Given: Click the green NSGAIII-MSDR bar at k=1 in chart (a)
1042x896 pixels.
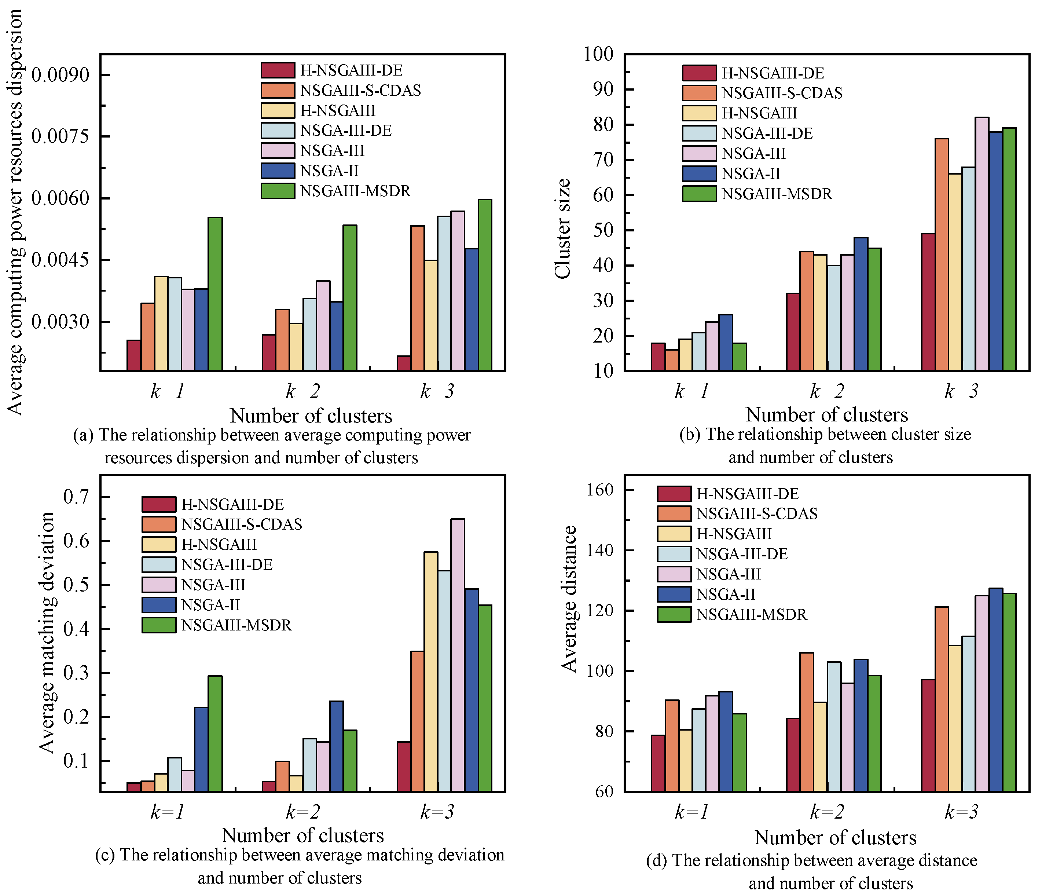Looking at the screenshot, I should tap(215, 294).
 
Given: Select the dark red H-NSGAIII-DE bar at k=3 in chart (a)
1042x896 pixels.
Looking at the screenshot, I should tap(403, 363).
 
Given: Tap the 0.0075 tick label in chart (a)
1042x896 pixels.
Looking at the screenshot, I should tap(60, 136).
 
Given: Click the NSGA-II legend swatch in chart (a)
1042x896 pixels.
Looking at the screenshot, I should tap(278, 171).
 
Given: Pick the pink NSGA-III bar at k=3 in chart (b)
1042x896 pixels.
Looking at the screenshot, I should tap(982, 244).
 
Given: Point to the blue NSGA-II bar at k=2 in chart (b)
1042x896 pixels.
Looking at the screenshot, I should tap(861, 304).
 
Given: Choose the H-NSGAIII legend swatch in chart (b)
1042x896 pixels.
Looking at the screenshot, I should tap(699, 113).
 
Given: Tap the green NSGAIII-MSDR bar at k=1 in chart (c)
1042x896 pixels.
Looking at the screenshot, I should tap(215, 733).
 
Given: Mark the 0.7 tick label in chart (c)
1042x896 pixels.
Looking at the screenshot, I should tap(76, 497).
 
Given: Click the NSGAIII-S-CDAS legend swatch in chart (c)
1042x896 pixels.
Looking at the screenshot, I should tap(159, 524).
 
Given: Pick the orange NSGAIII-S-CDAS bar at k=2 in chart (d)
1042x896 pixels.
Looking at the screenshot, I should tap(807, 721).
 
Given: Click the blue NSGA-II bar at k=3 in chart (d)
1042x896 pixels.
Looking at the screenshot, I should tap(996, 689).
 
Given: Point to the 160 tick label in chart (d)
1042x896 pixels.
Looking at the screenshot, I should tap(601, 490).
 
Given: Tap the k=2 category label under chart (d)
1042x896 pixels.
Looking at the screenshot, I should tap(827, 812).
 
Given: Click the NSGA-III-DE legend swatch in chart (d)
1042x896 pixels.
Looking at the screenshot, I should tap(674, 553).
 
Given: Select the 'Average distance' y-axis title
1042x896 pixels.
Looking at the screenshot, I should tap(569, 599).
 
